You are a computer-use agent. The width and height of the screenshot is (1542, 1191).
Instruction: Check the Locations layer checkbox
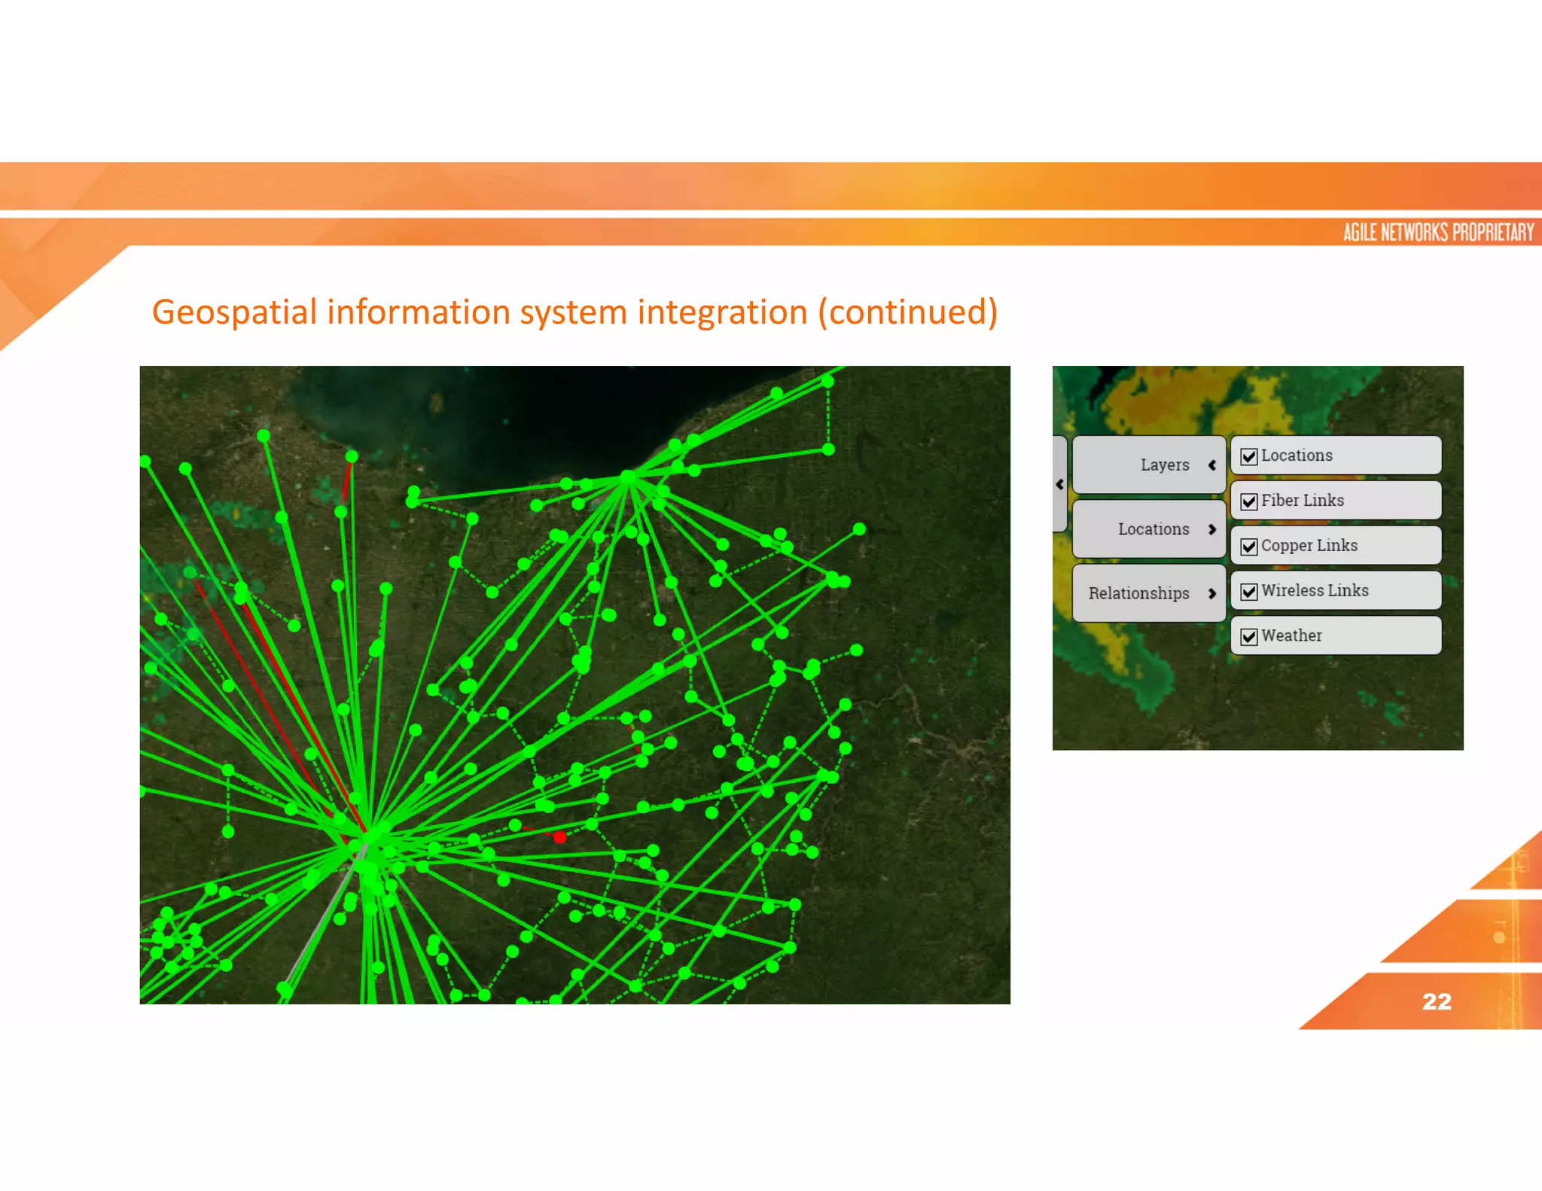1249,456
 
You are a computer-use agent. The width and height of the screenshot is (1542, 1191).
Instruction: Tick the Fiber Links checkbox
1249,501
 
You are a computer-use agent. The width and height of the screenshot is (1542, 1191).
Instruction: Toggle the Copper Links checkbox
1249,547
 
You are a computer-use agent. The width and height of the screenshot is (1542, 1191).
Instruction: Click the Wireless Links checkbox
1249,592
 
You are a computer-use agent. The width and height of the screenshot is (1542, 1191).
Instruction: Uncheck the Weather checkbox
1249,637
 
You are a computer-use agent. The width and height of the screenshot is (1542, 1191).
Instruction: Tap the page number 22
1437,1001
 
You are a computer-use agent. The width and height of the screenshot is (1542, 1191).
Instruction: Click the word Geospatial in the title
234,312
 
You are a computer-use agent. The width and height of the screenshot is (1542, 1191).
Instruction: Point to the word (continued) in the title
908,312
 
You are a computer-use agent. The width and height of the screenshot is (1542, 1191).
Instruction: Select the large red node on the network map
559,837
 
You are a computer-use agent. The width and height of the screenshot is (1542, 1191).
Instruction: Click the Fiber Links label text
1303,501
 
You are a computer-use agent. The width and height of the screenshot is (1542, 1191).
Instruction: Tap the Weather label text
1291,636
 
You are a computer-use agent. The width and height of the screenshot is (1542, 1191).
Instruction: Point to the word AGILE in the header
1361,232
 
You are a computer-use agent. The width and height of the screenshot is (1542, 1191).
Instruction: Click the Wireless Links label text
1315,591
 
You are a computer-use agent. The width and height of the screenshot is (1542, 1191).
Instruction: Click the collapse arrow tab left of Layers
1059,484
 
